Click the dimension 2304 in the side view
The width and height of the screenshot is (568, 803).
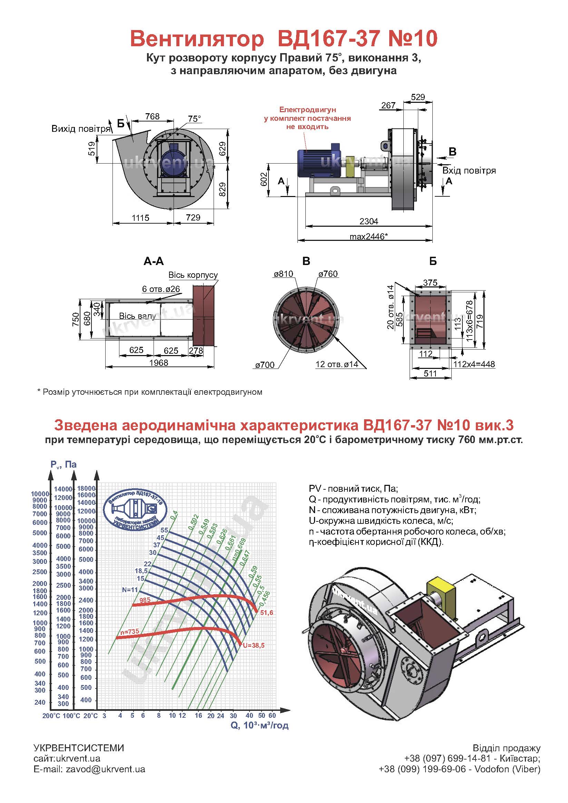point(369,221)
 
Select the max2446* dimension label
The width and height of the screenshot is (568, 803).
point(369,236)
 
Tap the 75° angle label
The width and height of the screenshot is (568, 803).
point(195,119)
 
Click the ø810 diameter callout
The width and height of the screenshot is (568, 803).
point(283,274)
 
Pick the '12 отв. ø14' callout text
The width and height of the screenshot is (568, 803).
point(337,364)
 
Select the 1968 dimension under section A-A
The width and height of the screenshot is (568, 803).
point(159,363)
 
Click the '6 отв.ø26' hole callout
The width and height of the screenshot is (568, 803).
point(161,289)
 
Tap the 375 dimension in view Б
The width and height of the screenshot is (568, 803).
point(430,283)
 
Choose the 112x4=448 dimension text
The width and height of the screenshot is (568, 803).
point(474,364)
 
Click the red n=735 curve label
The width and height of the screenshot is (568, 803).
point(129,631)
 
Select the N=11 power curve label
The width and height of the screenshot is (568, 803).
point(130,590)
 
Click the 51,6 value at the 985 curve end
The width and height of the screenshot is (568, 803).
point(266,613)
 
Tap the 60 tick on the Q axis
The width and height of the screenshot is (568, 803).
point(272,715)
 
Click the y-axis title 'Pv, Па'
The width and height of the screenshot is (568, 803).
point(63,464)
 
